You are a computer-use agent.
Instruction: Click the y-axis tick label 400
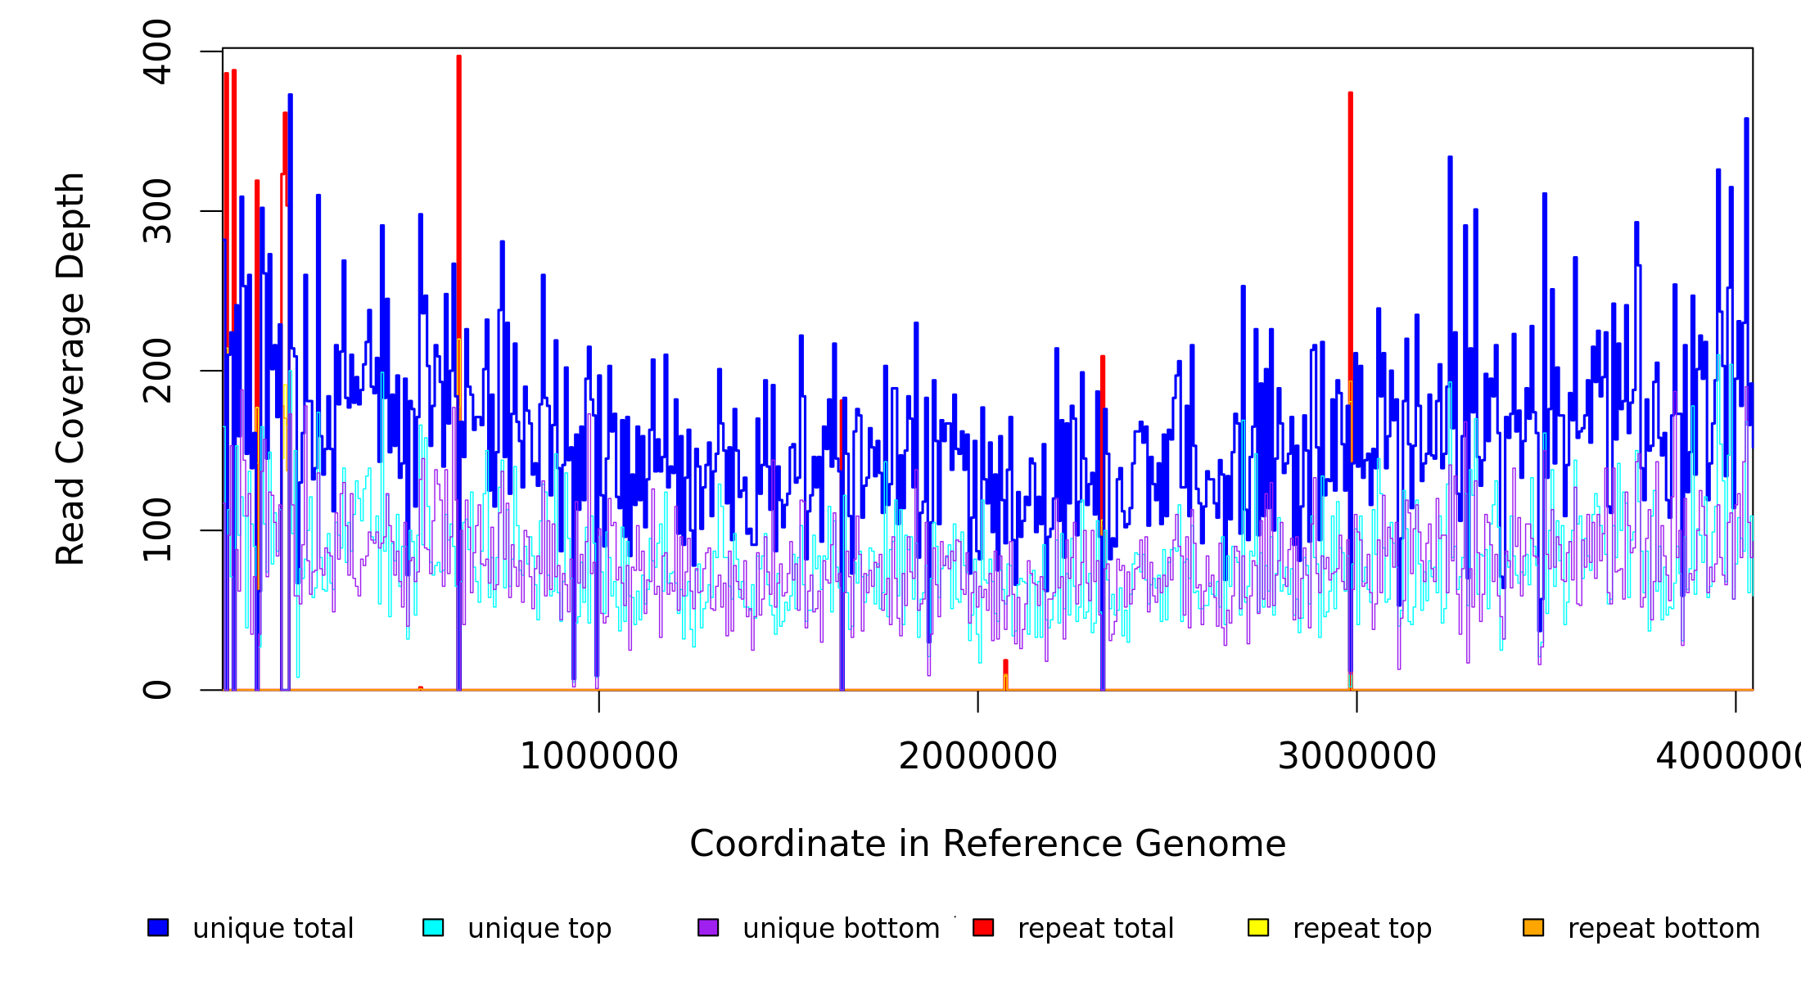click(x=157, y=52)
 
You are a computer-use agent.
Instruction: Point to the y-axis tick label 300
click(x=157, y=211)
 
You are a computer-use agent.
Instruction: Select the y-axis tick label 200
click(x=157, y=371)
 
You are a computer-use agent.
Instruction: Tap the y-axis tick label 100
click(x=157, y=530)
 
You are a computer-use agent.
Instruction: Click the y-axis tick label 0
click(x=157, y=690)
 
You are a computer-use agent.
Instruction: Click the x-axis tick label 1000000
click(x=599, y=756)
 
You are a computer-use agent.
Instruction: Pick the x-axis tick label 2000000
click(x=978, y=756)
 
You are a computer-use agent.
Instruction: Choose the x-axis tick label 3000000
click(x=1357, y=756)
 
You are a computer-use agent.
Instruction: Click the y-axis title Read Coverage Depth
click(x=70, y=368)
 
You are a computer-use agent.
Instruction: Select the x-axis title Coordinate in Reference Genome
click(x=987, y=844)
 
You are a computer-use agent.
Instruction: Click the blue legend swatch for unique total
click(x=158, y=928)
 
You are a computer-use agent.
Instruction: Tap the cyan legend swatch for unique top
click(x=433, y=928)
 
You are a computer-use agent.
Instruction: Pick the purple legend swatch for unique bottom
click(x=708, y=928)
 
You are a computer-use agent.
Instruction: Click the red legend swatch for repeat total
click(x=983, y=928)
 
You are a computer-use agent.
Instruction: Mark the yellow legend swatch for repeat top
click(x=1258, y=928)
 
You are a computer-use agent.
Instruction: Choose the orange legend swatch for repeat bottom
click(x=1533, y=928)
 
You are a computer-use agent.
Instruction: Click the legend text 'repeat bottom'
click(x=1663, y=929)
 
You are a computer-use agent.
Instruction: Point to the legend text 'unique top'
click(x=539, y=929)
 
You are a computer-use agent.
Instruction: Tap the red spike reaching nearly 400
click(x=459, y=164)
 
